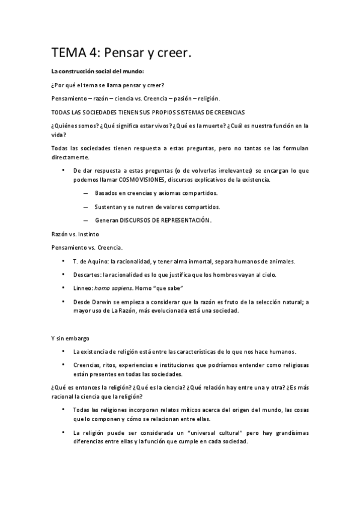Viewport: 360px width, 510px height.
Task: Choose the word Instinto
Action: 88,233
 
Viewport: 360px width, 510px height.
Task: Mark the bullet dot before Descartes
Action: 63,274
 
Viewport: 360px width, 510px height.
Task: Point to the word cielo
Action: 266,275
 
